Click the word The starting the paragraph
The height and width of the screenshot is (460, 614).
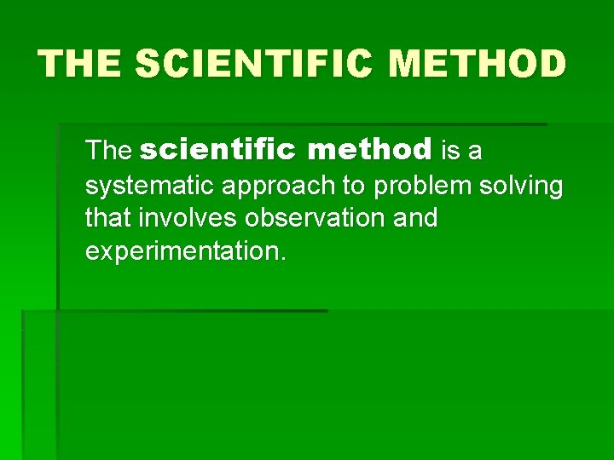(x=108, y=152)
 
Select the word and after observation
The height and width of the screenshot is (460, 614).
(x=415, y=218)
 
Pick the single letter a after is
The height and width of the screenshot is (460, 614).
(x=475, y=152)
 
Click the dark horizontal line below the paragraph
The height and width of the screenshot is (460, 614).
(x=192, y=311)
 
